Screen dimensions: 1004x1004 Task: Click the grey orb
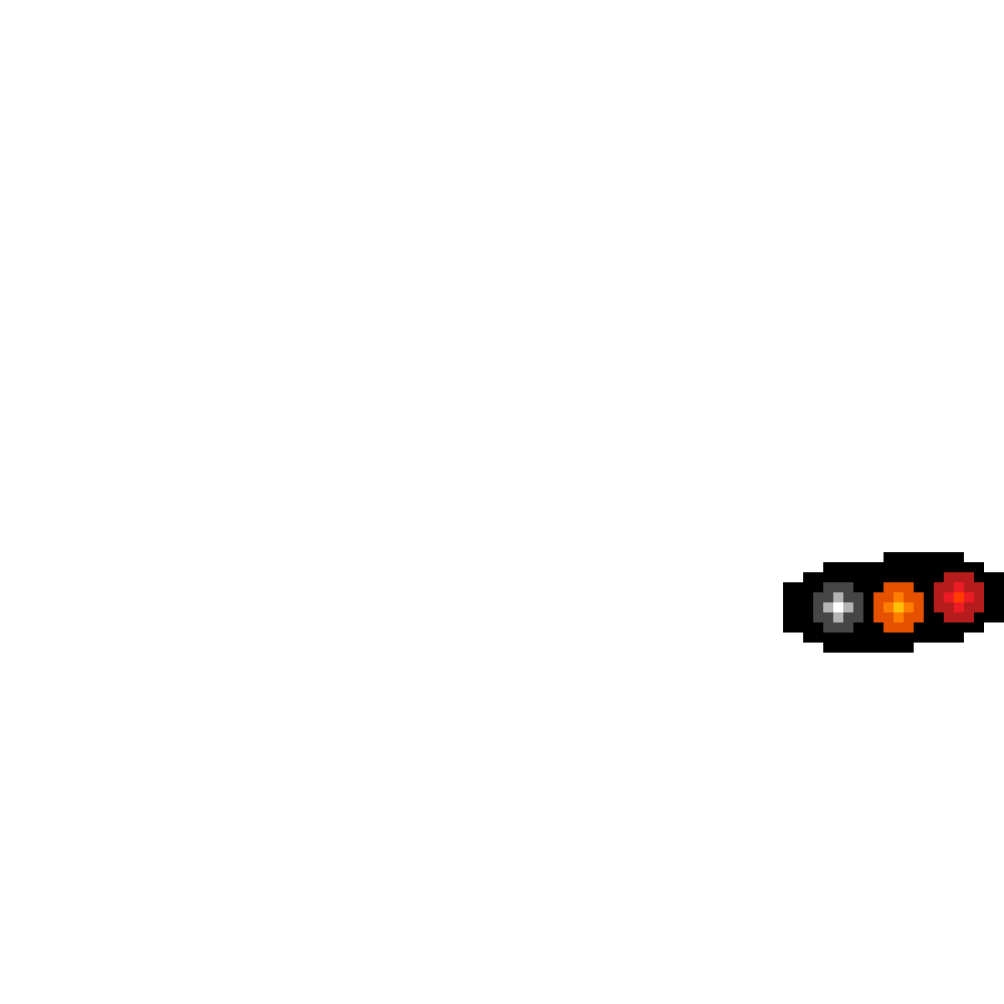coord(838,607)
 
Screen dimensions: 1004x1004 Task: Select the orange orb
coord(899,607)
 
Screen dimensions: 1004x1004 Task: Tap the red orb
coord(959,597)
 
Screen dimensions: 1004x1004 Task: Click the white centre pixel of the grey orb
coord(838,607)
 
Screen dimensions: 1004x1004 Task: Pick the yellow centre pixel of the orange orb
coord(899,607)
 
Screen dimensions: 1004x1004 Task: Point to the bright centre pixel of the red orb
coord(959,597)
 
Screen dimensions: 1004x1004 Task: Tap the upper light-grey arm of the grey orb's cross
coord(838,597)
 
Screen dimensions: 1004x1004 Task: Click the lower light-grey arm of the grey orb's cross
coord(838,617)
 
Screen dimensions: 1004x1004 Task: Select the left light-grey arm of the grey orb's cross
coord(828,607)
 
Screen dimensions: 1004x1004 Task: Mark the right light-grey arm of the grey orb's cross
coord(848,607)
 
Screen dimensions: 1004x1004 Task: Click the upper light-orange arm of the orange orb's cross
coord(899,597)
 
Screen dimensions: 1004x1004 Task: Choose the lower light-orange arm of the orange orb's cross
coord(899,617)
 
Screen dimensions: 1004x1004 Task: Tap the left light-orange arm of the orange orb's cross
coord(889,607)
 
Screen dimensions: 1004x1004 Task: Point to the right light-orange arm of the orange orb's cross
coord(909,607)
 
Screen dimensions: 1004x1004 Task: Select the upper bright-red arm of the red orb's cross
coord(959,587)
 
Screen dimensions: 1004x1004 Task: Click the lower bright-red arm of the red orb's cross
coord(959,607)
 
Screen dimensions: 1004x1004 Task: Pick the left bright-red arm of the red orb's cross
coord(949,597)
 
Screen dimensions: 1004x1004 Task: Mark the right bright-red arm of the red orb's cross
coord(969,597)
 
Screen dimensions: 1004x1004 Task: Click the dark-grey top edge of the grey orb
coord(838,587)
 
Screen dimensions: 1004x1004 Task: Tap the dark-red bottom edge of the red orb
coord(959,617)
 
